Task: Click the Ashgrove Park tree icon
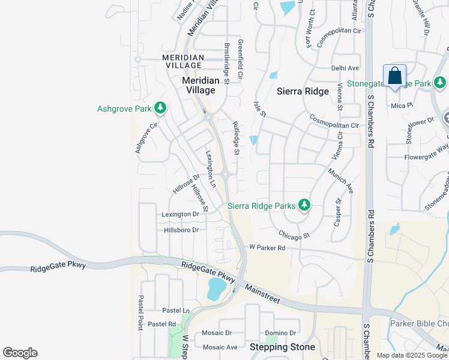160,108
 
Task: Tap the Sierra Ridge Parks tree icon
304,206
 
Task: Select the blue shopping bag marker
394,77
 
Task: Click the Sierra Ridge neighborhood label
303,91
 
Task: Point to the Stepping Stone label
282,347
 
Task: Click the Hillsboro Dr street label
181,230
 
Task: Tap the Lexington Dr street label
180,214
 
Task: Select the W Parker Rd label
267,247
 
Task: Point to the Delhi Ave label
345,68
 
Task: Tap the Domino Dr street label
280,333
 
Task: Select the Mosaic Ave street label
220,347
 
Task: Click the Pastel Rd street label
161,323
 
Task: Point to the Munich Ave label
340,180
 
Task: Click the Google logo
20,353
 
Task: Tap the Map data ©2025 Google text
412,355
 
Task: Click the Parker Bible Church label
419,324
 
